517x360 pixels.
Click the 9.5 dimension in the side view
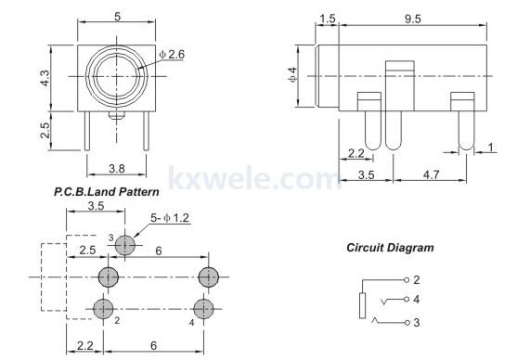coord(412,19)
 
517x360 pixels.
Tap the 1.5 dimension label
coord(328,19)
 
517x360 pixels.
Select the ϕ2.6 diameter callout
coord(172,55)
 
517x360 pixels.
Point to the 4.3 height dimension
coord(45,78)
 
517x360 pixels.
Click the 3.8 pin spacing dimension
coord(117,169)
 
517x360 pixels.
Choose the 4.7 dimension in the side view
coord(431,174)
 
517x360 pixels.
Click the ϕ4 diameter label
coord(292,74)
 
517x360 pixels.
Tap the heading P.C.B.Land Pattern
coord(106,192)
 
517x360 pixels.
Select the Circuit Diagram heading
coord(390,248)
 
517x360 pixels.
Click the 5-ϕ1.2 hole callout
coord(170,218)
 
